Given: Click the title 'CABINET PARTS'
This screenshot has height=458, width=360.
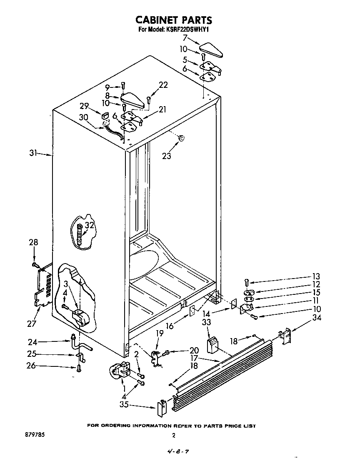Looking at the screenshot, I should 174,20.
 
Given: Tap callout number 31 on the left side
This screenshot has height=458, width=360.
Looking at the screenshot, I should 34,154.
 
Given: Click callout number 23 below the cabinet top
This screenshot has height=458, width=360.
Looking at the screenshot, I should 166,157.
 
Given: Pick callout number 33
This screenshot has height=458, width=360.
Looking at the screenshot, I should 207,322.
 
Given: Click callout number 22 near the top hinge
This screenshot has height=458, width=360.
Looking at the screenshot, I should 163,85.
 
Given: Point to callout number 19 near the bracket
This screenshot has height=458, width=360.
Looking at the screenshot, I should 159,334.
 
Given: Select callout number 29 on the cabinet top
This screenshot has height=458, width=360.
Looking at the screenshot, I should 85,107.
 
